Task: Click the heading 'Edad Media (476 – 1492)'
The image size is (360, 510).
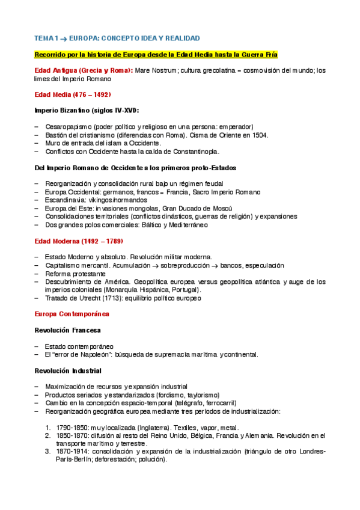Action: click(x=73, y=94)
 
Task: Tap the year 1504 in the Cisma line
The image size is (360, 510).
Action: click(x=259, y=135)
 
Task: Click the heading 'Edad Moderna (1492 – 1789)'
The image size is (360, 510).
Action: click(x=78, y=241)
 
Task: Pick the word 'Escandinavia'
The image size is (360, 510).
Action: click(x=65, y=200)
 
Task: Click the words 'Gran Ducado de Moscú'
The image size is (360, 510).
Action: click(x=194, y=208)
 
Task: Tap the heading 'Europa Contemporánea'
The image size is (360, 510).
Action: click(x=72, y=314)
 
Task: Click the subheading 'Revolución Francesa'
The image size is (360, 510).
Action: click(x=67, y=330)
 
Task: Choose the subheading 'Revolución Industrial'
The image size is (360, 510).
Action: click(x=68, y=370)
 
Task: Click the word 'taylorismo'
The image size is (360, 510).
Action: click(x=201, y=395)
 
